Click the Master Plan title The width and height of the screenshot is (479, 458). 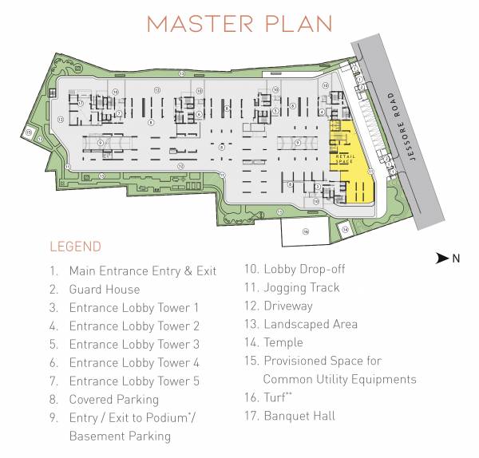pyautogui.click(x=239, y=23)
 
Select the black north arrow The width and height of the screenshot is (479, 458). pyautogui.click(x=442, y=258)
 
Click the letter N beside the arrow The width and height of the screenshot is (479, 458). pyautogui.click(x=457, y=258)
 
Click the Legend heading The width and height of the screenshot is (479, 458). pyautogui.click(x=75, y=247)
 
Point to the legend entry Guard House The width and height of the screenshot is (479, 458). pyautogui.click(x=104, y=290)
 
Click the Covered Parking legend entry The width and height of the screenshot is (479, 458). pyautogui.click(x=113, y=400)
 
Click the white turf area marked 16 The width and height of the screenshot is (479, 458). pyautogui.click(x=305, y=232)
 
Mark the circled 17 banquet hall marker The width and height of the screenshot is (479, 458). pyautogui.click(x=81, y=103)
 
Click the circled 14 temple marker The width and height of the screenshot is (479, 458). pyautogui.click(x=344, y=229)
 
